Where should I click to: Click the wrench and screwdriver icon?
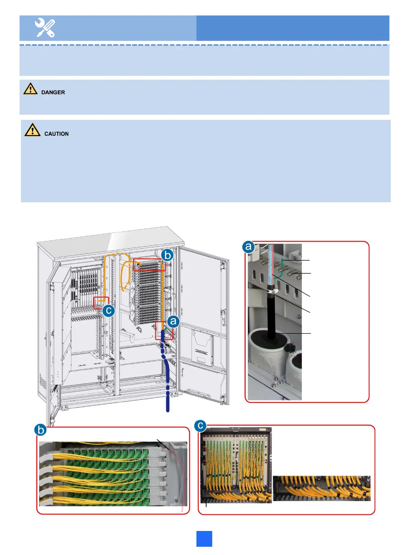click(45, 28)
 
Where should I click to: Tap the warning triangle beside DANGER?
click(30, 89)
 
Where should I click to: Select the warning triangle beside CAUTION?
click(32, 130)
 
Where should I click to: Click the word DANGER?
click(53, 92)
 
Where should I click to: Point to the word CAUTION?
click(56, 134)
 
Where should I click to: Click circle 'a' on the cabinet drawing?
click(173, 321)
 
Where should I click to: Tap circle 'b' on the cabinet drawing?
click(167, 256)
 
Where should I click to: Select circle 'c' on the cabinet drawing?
click(109, 311)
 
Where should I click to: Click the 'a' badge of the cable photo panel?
click(248, 247)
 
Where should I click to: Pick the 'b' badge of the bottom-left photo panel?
click(41, 430)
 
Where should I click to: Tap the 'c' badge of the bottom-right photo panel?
click(200, 426)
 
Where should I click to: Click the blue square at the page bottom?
click(204, 539)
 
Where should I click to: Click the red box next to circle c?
click(101, 303)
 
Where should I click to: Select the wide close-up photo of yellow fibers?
click(321, 488)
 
